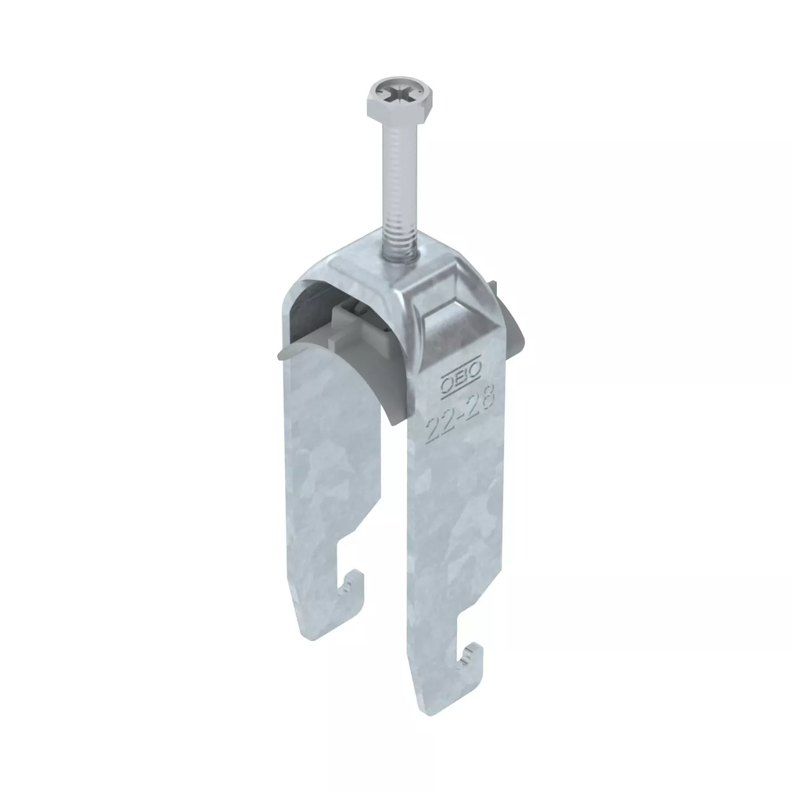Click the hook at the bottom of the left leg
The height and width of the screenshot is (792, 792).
click(x=350, y=583)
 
